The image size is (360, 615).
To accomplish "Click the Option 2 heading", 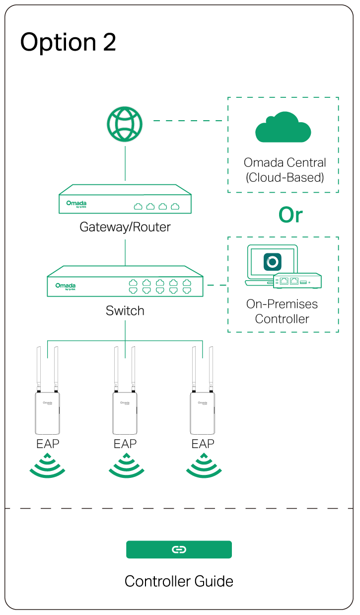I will (x=68, y=43).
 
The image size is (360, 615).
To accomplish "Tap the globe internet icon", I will (x=125, y=124).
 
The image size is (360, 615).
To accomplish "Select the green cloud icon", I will (x=283, y=128).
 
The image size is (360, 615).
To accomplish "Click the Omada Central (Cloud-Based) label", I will (x=285, y=170).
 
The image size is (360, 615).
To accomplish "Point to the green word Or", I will (x=290, y=215).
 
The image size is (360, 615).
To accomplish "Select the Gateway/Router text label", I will (x=125, y=228).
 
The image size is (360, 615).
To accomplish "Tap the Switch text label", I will (x=125, y=311).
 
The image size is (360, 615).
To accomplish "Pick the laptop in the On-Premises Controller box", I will (x=266, y=264).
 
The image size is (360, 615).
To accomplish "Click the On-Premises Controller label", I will (x=282, y=311).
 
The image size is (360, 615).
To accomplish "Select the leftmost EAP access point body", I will (x=47, y=413).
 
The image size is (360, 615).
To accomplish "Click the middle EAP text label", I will (x=125, y=444).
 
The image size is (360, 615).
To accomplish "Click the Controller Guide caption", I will (x=179, y=581).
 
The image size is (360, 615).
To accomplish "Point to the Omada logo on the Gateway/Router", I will (x=76, y=204).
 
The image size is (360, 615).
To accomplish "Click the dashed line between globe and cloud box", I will (x=189, y=121).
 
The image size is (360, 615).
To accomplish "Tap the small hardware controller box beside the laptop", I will (x=297, y=281).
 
